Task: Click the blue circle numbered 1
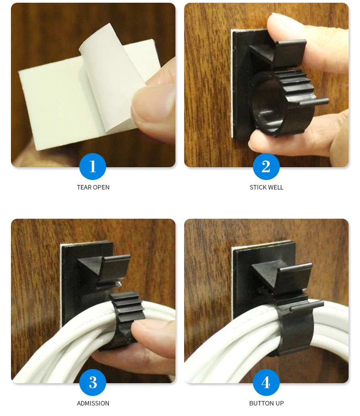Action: tap(93, 166)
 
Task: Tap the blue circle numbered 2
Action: tap(266, 166)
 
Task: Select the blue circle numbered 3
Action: tap(93, 382)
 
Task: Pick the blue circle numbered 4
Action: tap(266, 382)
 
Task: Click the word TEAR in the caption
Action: tap(84, 187)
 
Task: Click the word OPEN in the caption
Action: tap(101, 187)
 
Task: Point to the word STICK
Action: tap(258, 187)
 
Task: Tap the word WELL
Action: tap(276, 187)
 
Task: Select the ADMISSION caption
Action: tap(93, 403)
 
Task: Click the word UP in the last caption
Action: tap(280, 403)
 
